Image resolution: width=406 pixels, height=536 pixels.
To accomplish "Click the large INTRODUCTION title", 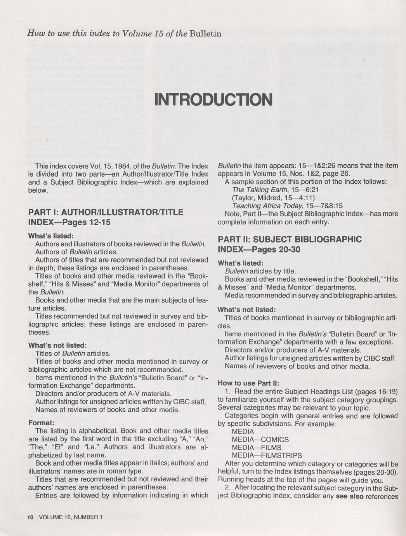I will point(213,99).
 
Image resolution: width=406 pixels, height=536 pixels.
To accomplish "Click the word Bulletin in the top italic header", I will point(205,33).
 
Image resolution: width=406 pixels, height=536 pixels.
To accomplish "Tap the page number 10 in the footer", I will point(31,517).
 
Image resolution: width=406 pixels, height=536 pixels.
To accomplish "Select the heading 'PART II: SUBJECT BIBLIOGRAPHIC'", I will point(290,239).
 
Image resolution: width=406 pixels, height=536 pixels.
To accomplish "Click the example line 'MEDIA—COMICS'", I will point(260,440).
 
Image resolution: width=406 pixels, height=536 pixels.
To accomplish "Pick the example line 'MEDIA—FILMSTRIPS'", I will point(267,456).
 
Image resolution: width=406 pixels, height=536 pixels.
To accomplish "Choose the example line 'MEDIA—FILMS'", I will point(256,447).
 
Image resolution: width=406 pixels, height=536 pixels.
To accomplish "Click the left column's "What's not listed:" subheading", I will point(57,345).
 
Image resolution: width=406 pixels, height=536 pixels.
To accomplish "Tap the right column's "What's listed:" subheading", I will point(241,263).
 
